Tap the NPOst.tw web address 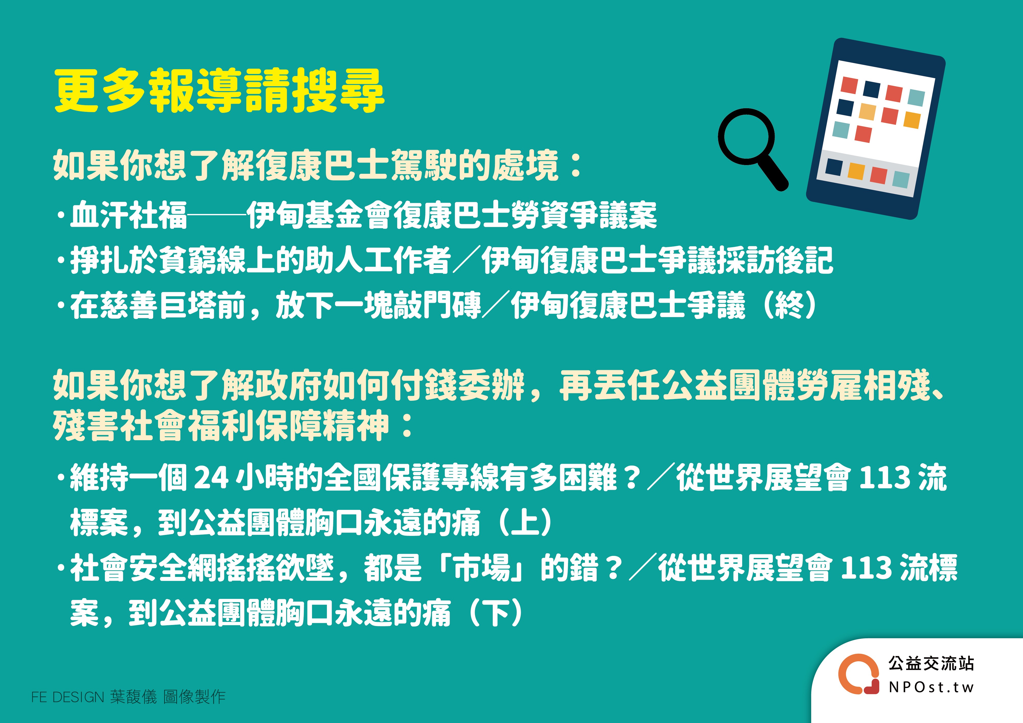(x=931, y=687)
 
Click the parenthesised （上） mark (x=526, y=522)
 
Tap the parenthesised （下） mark (x=495, y=613)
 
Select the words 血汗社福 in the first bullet (x=128, y=215)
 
